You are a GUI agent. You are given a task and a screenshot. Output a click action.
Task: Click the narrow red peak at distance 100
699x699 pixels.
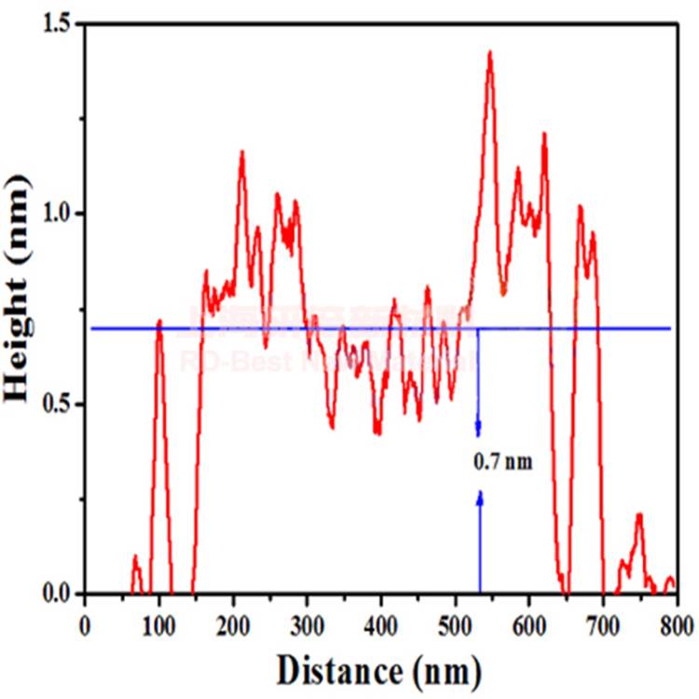coord(159,322)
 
